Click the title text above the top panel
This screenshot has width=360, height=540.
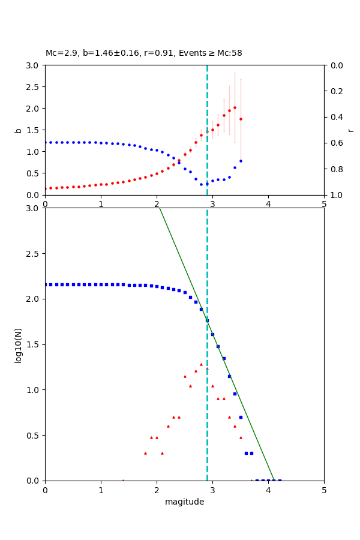[144, 53]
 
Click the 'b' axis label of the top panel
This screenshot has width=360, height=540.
[18, 130]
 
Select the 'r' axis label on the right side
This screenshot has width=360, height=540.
[350, 130]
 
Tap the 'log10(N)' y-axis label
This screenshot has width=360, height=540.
[18, 344]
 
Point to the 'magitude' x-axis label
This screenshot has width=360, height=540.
[184, 502]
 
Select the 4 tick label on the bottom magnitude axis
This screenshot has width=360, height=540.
[268, 490]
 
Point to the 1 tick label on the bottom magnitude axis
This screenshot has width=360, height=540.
[101, 490]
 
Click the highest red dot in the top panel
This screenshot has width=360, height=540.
[235, 108]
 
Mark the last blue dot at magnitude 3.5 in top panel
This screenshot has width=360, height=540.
[241, 161]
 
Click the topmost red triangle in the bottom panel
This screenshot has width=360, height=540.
[201, 364]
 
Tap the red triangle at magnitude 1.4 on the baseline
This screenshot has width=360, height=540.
[123, 480]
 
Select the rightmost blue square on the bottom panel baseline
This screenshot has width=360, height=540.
[280, 480]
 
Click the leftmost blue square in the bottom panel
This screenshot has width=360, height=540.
[45, 284]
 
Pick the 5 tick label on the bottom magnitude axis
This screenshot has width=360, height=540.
[324, 490]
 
